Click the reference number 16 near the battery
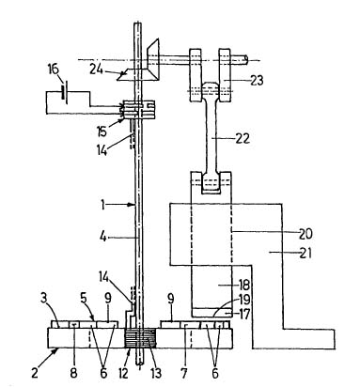pyautogui.click(x=54, y=70)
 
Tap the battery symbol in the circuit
pyautogui.click(x=65, y=91)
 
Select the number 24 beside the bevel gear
pyautogui.click(x=97, y=70)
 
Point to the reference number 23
pyautogui.click(x=257, y=81)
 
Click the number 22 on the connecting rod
pyautogui.click(x=243, y=138)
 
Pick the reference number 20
pyautogui.click(x=305, y=234)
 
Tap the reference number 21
pyautogui.click(x=305, y=253)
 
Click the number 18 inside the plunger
pyautogui.click(x=244, y=285)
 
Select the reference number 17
pyautogui.click(x=243, y=314)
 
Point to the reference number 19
pyautogui.click(x=244, y=300)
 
